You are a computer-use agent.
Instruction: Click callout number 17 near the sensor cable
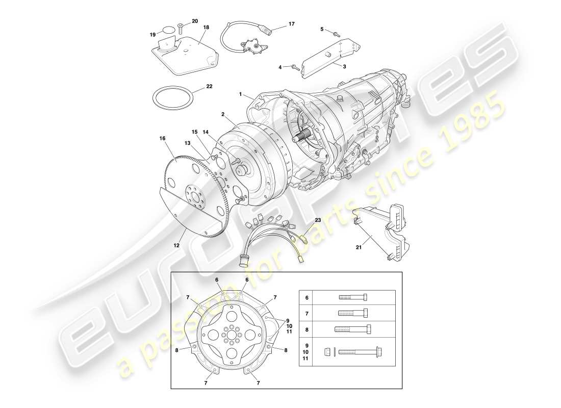[x=291, y=23]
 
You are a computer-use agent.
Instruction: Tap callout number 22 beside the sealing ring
[x=209, y=87]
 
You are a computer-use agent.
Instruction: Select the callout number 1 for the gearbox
[x=241, y=94]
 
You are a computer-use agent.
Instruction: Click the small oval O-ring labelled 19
[x=168, y=29]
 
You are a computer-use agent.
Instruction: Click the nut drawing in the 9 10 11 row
[x=328, y=351]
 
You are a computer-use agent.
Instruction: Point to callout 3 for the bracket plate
[x=344, y=66]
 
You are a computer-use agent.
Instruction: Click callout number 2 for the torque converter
[x=222, y=115]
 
